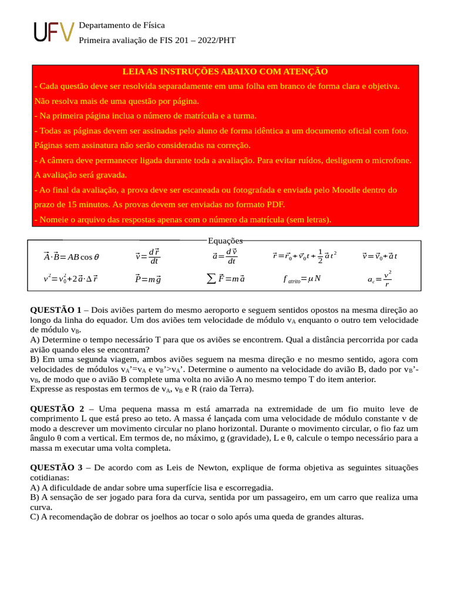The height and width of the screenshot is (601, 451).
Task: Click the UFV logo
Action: point(53,33)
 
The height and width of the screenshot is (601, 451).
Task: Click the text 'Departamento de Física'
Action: point(122,25)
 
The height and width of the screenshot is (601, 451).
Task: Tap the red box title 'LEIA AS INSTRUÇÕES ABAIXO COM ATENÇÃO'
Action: point(225,71)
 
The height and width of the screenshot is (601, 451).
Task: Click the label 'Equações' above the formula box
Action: point(225,241)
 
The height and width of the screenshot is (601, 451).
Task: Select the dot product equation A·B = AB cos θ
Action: point(71,256)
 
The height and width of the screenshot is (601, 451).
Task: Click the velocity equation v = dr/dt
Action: point(147,256)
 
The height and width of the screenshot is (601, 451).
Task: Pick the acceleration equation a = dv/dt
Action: point(224,256)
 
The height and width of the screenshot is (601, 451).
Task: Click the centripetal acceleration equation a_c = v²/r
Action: point(380,279)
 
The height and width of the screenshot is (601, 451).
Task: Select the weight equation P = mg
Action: point(147,279)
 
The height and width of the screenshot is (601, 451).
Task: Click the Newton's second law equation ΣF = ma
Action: point(225,279)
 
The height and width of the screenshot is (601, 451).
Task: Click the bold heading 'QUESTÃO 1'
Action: point(56,309)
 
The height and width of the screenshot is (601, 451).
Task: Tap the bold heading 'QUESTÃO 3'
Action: point(56,468)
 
